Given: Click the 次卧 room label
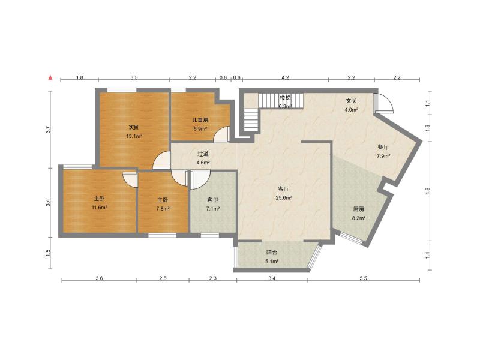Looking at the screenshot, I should (134, 127).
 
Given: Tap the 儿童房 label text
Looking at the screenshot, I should (200, 120).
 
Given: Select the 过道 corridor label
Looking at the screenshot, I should (203, 154).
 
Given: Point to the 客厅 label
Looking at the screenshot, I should (284, 189).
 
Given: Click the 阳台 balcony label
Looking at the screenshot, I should (272, 253).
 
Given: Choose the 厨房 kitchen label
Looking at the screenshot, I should (359, 209).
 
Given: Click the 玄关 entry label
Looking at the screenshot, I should (352, 101).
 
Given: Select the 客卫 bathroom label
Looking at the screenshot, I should (213, 200).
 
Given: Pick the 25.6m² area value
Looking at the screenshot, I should (284, 198).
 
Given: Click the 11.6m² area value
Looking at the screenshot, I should (100, 208).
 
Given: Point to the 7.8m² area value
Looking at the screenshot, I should (163, 209).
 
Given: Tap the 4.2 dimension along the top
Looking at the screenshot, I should (286, 78).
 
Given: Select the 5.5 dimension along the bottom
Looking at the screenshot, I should (363, 278).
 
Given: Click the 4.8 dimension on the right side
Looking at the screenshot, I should (428, 191).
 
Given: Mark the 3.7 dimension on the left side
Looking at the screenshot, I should (49, 128).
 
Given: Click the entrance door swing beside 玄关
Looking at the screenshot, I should (384, 104).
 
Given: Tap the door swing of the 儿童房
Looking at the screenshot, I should (222, 134).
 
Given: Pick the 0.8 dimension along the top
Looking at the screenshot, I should (223, 78).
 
